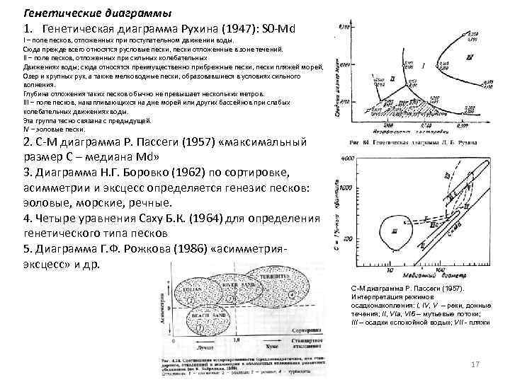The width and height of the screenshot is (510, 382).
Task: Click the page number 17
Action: click(475, 364)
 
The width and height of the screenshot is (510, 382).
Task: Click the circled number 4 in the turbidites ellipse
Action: click(292, 292)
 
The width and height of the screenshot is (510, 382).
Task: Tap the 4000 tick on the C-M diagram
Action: click(347, 160)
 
